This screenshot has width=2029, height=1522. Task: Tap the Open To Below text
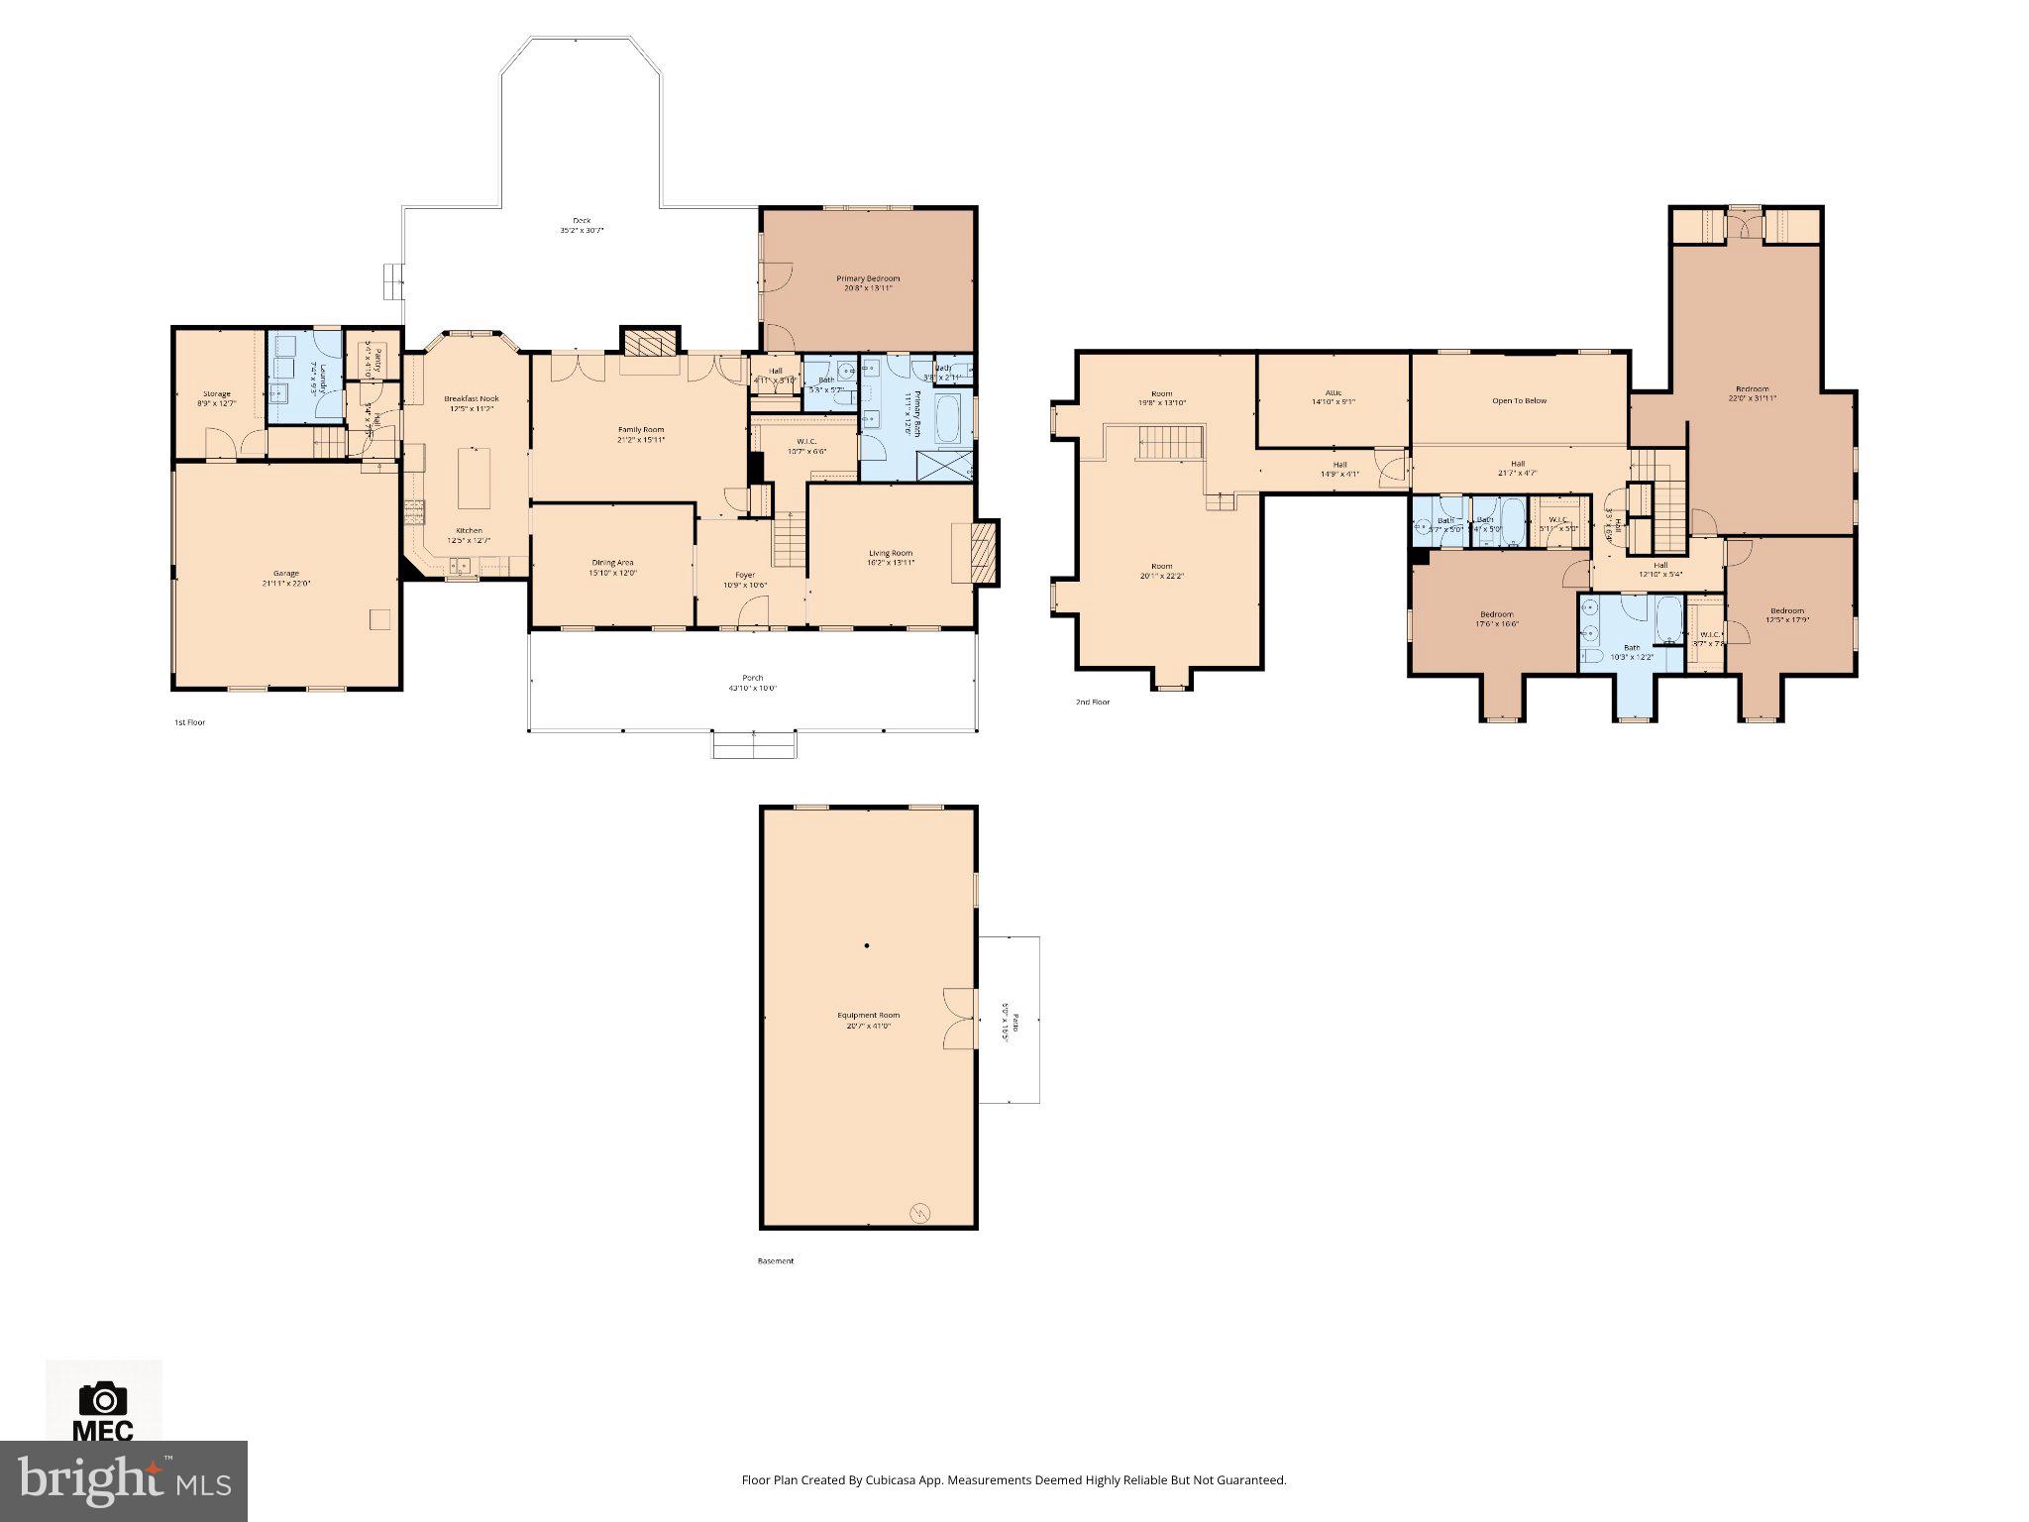[1519, 401]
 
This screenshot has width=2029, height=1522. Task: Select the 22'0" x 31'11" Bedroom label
[1752, 393]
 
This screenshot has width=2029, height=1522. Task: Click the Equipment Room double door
[959, 1018]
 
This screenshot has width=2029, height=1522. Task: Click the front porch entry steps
[755, 744]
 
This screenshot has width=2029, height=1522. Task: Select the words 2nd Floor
[1092, 702]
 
